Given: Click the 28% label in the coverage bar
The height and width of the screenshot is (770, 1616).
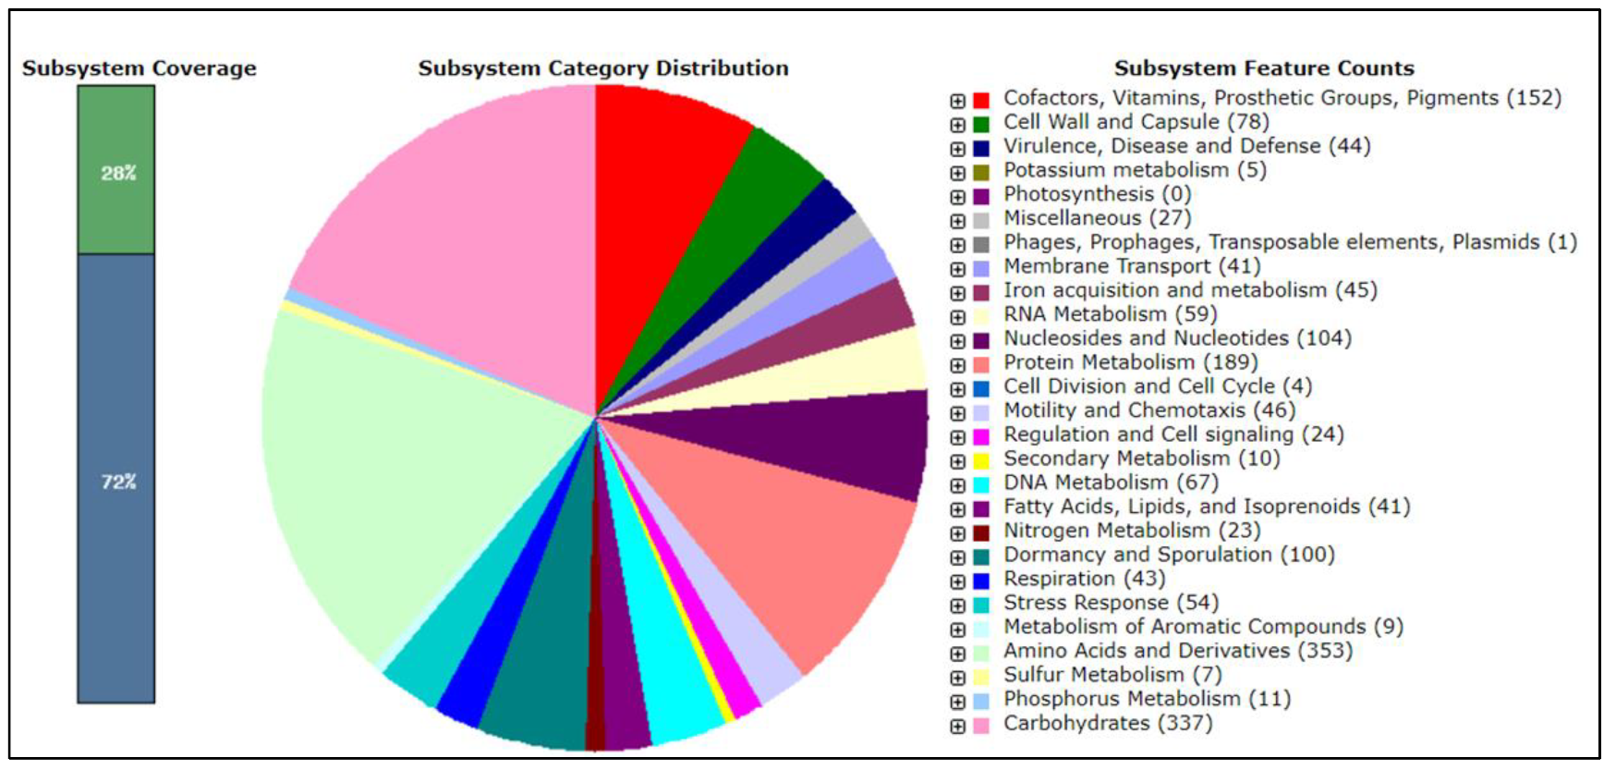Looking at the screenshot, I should click(118, 173).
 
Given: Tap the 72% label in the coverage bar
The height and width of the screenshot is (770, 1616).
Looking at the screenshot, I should click(118, 482).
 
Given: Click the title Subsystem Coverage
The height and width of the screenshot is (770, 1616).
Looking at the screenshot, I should click(140, 68).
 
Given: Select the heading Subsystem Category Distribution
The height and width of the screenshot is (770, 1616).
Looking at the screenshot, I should click(603, 68).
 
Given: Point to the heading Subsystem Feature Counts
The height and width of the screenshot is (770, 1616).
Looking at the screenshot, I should click(1264, 68).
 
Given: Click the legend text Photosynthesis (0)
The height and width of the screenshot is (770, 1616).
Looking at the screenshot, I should click(1098, 194).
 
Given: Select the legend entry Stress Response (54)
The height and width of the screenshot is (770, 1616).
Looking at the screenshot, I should click(1112, 603).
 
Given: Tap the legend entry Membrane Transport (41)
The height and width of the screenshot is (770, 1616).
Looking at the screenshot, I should click(1132, 266).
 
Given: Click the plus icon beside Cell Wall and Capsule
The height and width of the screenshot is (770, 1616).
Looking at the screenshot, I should click(958, 124).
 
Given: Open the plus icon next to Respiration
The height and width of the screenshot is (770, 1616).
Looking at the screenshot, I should click(958, 581).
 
